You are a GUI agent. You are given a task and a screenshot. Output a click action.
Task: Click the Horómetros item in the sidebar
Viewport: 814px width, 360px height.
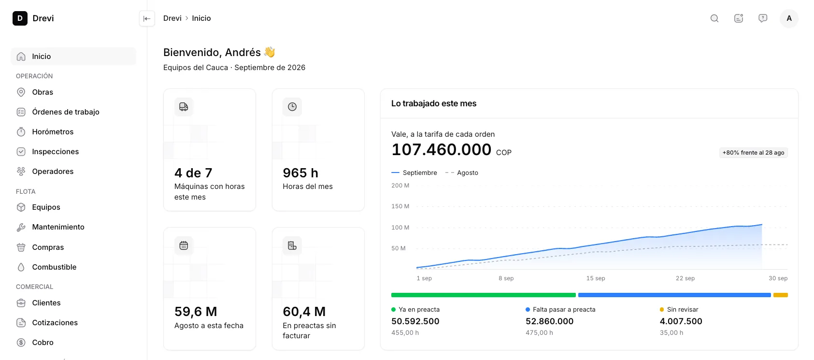[x=53, y=131]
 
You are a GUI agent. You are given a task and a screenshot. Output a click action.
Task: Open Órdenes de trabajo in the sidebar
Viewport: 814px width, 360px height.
[x=65, y=112]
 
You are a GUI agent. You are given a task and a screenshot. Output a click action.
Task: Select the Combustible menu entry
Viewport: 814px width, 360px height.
[x=54, y=267]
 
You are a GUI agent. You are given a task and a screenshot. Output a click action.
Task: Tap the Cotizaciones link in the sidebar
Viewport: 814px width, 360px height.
[x=55, y=322]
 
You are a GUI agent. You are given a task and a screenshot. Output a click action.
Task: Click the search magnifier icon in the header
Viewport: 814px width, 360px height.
[x=714, y=18]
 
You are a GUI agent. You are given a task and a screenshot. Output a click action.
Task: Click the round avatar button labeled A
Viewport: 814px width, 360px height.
[x=789, y=18]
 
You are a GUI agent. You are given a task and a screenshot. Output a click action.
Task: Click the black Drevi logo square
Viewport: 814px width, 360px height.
[x=20, y=18]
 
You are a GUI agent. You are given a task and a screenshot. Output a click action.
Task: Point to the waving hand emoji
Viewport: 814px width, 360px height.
[x=270, y=52]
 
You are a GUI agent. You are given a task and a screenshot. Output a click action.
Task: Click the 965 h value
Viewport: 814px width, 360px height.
[x=300, y=173]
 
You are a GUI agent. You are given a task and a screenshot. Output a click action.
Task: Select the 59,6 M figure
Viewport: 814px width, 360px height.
[x=196, y=312]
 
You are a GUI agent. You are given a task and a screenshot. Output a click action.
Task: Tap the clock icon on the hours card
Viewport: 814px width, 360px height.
[x=292, y=106]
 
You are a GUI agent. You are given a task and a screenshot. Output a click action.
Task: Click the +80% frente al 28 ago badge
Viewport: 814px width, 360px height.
[x=753, y=153]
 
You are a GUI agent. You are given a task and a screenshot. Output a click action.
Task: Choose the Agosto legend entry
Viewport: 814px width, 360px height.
[x=462, y=173]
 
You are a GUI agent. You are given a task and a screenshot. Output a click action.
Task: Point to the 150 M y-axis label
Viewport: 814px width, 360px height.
[x=400, y=206]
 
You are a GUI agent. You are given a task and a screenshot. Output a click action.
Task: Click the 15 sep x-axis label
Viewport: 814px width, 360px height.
[x=596, y=278]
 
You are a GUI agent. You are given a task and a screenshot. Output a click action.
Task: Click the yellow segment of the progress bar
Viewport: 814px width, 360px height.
[x=781, y=295]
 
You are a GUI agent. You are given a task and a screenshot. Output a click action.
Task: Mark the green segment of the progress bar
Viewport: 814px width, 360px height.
[x=483, y=295]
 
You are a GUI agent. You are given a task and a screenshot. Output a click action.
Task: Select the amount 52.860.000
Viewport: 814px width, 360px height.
[x=549, y=321]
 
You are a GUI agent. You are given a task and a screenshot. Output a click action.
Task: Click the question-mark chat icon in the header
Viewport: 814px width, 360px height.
[x=763, y=18]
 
